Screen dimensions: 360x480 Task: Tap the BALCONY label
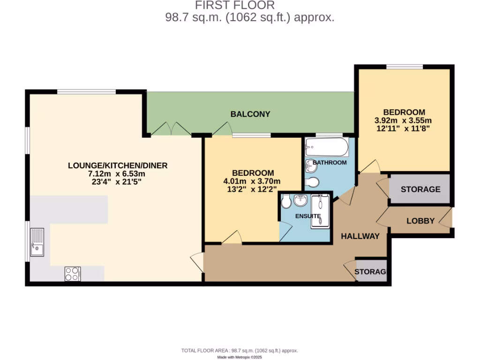click(x=250, y=114)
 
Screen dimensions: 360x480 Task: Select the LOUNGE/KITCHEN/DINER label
click(x=118, y=165)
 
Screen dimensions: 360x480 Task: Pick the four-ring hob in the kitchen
click(x=72, y=274)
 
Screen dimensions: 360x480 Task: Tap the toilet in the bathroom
click(x=312, y=182)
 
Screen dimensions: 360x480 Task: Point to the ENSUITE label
click(x=307, y=216)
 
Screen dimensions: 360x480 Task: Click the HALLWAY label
click(x=360, y=236)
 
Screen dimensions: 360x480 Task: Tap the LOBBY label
click(x=420, y=221)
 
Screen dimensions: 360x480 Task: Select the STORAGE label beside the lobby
click(x=420, y=189)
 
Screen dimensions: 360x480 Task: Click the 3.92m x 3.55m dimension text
click(x=404, y=120)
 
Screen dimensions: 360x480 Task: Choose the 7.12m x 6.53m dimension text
click(x=118, y=173)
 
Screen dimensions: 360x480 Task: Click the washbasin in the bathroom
click(x=310, y=165)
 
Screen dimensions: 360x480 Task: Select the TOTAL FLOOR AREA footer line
click(x=240, y=351)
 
